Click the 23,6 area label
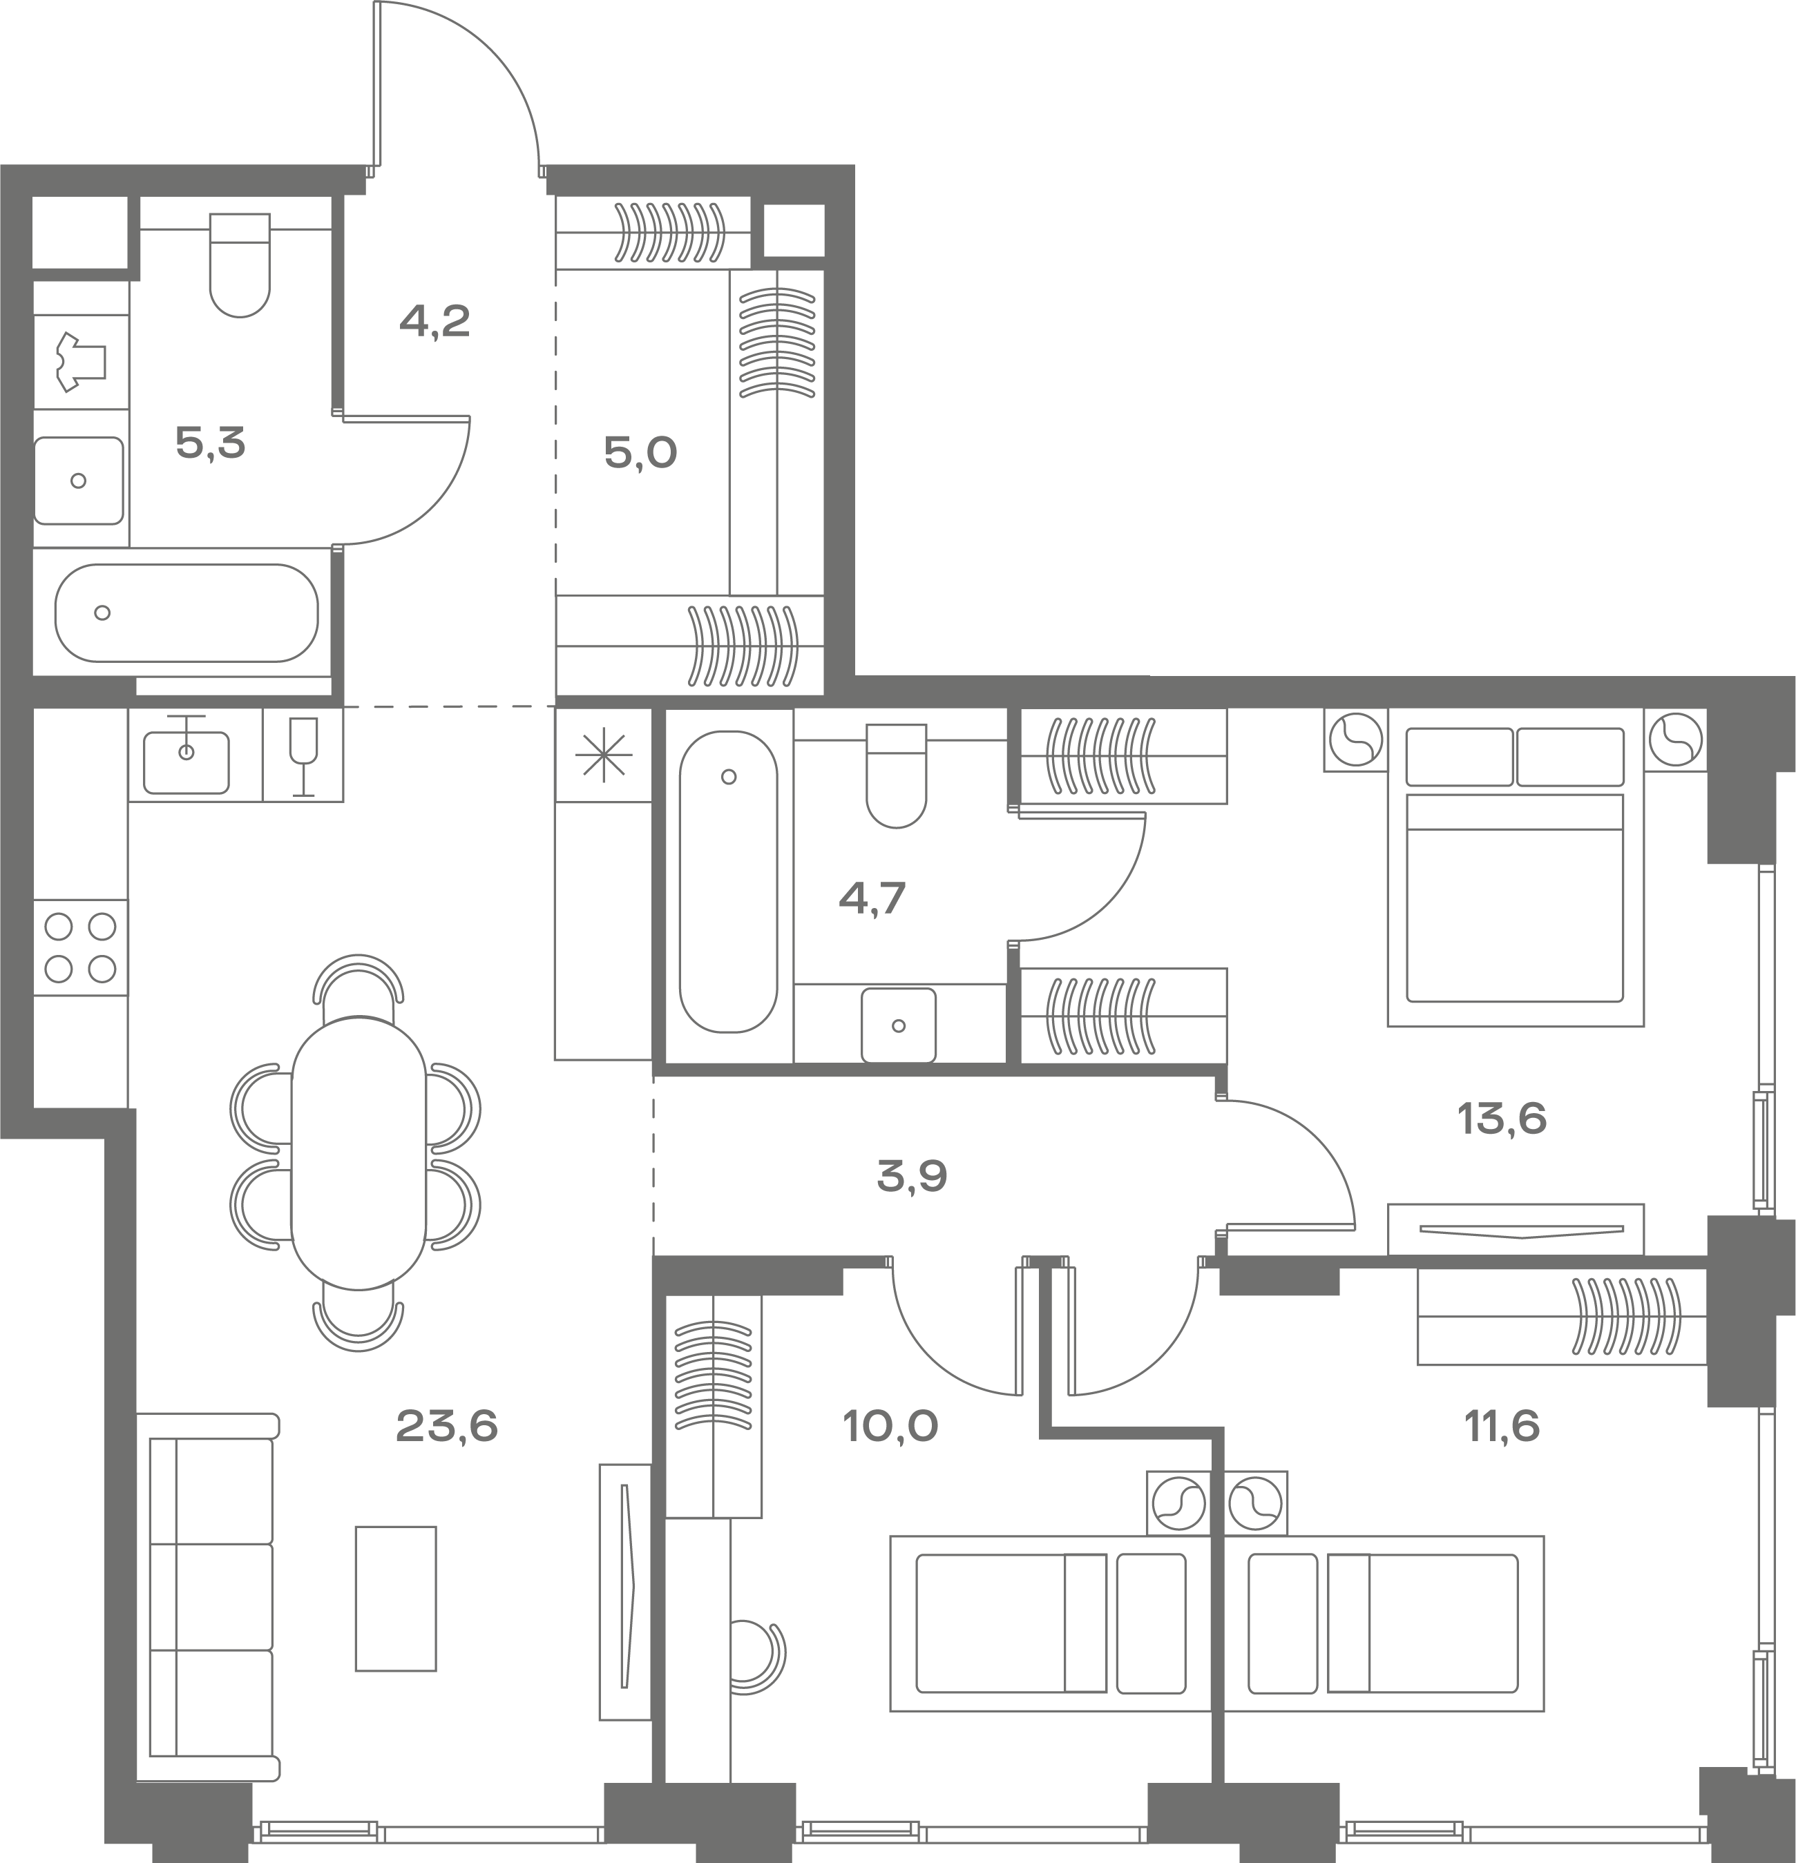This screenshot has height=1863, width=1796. click(446, 1427)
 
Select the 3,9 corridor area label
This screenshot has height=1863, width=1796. click(912, 1177)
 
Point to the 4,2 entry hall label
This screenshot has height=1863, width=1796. click(434, 321)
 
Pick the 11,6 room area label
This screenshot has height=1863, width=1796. click(1502, 1427)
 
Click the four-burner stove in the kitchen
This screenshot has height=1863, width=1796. click(81, 947)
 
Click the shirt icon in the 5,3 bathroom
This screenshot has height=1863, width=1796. click(81, 361)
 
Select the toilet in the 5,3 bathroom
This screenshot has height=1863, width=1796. click(240, 265)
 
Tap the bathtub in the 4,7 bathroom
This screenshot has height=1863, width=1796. click(728, 881)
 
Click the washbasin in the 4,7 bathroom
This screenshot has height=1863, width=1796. click(899, 1025)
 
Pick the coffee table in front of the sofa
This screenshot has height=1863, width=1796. click(396, 1598)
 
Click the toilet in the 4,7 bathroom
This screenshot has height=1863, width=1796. click(897, 775)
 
